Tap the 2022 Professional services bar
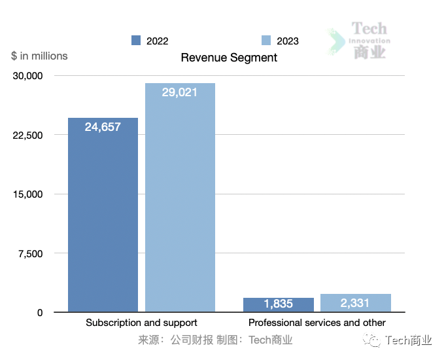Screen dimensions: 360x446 coord(279,305)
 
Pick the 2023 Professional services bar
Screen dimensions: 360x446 coord(356,303)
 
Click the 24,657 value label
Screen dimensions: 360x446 coord(103,127)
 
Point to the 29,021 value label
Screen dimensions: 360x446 coord(180,92)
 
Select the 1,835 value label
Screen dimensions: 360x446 coord(279,304)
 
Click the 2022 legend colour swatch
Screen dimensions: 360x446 coord(136,41)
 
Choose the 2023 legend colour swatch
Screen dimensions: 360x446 coord(266,41)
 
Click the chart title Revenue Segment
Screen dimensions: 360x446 coord(229,58)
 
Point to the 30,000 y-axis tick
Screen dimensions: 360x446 coord(28,76)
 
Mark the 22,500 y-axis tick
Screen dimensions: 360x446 coord(28,135)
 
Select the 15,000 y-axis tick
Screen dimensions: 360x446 coord(28,194)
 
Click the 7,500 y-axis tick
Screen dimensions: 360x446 coord(31,253)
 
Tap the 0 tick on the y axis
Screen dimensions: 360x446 coord(40,313)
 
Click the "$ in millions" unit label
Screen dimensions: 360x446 coord(39,56)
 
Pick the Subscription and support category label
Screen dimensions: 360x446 coord(141,323)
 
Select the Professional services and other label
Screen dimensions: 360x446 coord(317,323)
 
